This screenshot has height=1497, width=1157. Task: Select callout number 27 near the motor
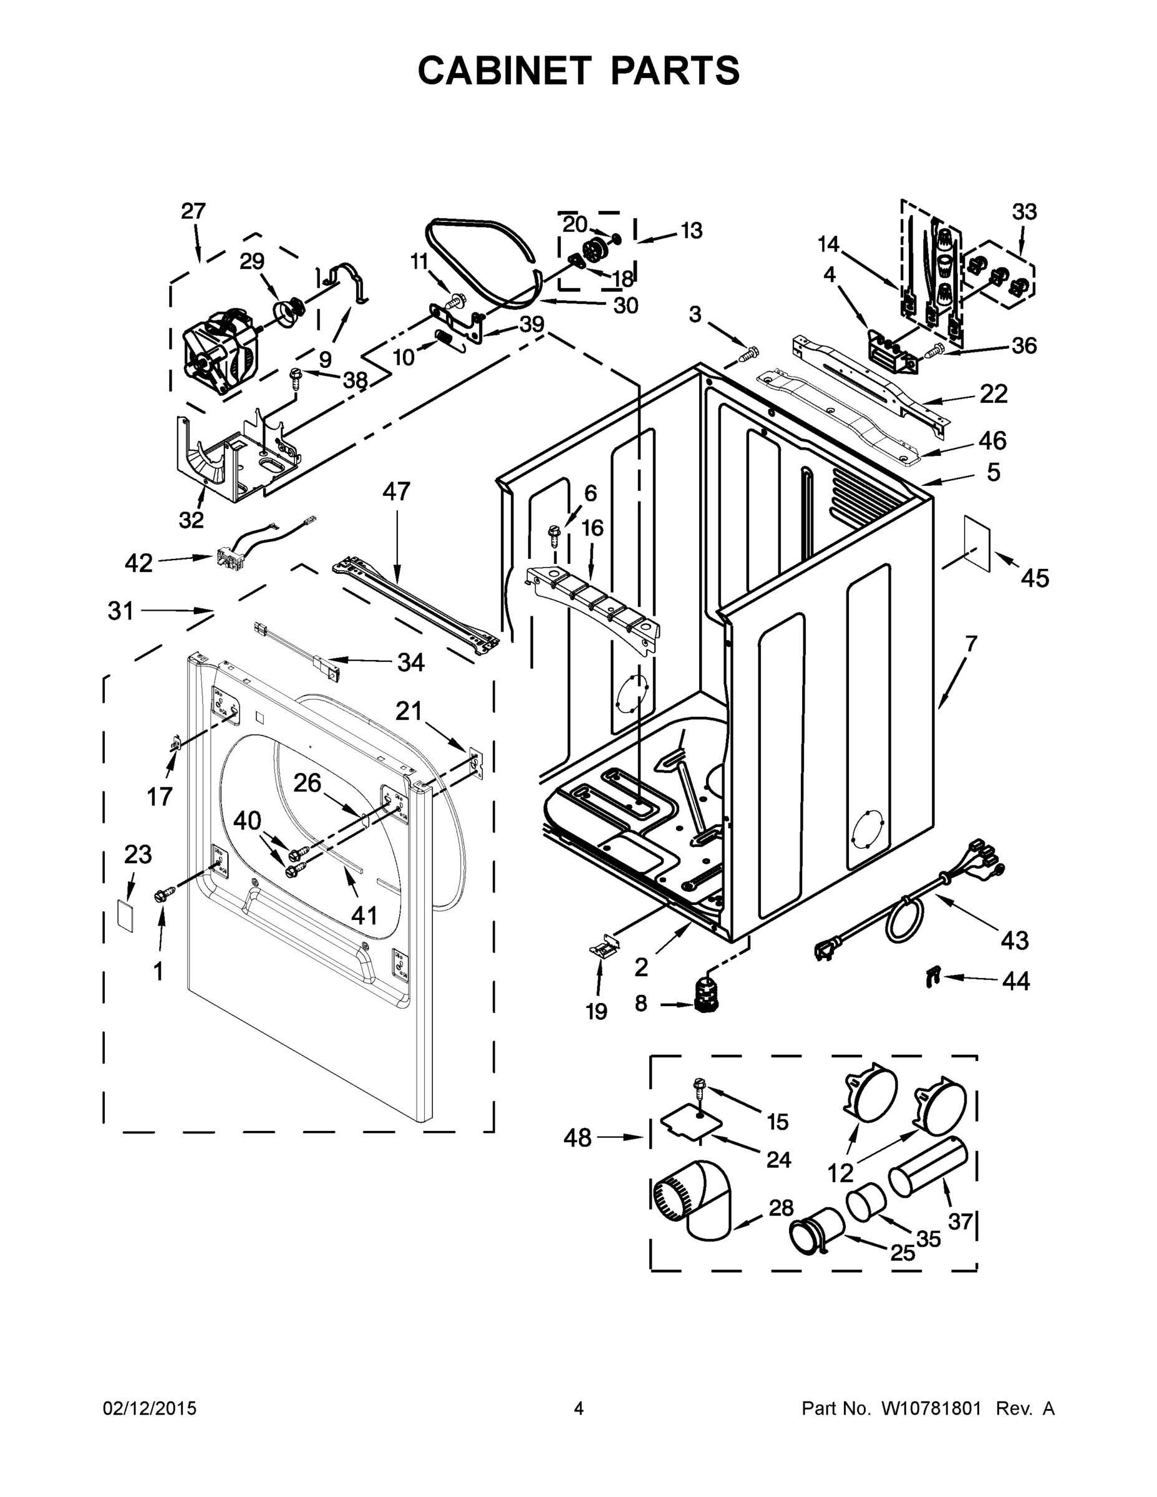193,211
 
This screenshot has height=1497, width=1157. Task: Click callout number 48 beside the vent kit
577,1138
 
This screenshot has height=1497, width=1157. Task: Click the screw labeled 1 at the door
165,893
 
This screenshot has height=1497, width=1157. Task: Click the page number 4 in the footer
579,1409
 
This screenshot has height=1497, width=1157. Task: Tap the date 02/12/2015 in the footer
150,1409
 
